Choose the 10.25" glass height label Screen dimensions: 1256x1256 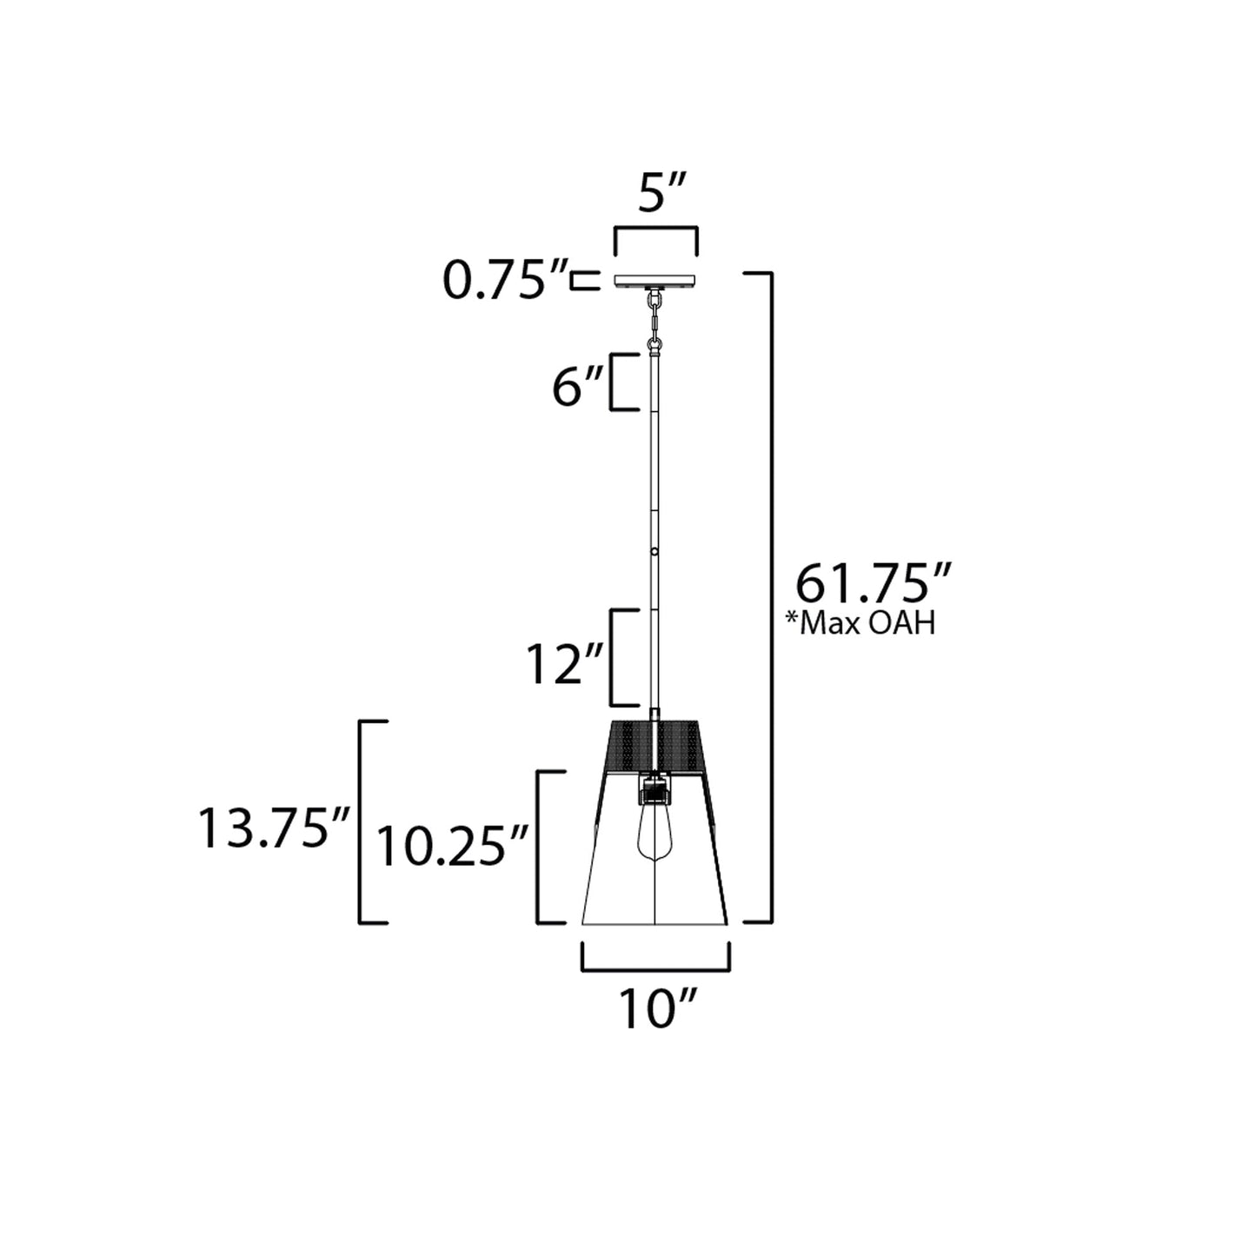coord(453,846)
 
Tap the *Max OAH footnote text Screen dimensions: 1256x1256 coord(860,623)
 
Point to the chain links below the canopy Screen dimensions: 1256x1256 coord(654,317)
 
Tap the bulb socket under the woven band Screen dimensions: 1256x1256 coord(654,791)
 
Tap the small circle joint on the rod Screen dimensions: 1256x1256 coord(655,551)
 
